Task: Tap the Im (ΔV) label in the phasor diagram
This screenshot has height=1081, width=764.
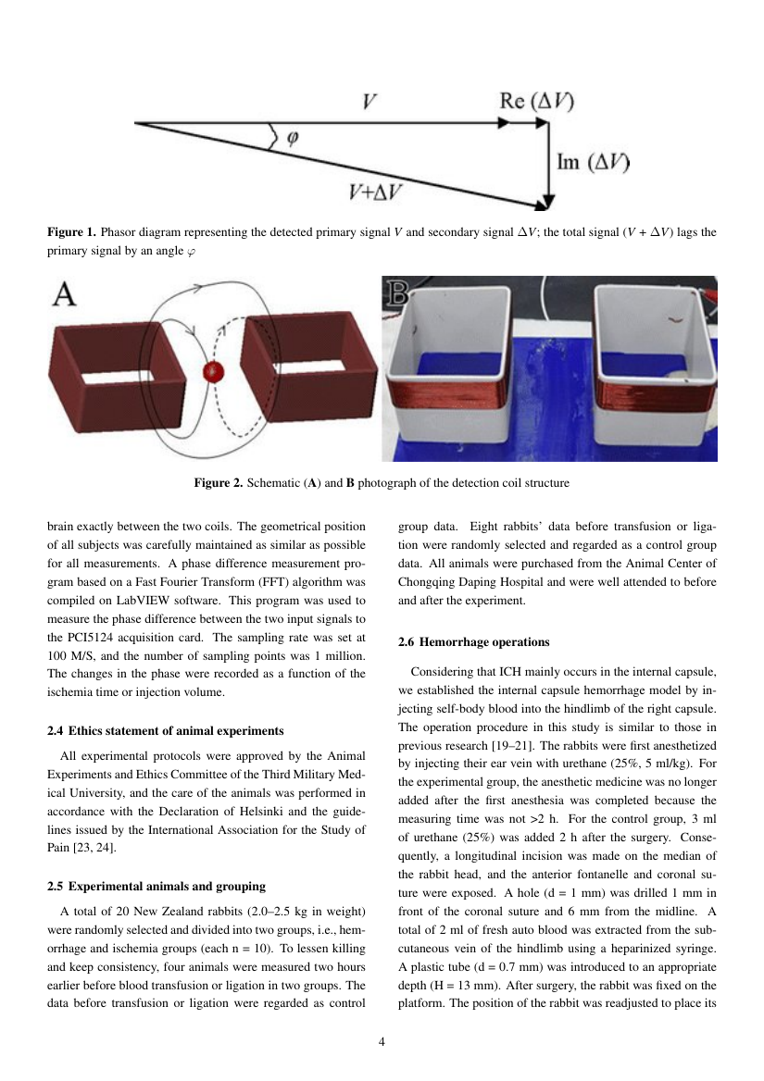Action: (x=594, y=163)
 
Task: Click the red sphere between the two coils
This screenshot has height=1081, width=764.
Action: (x=214, y=372)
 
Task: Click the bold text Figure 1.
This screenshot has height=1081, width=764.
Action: (x=71, y=232)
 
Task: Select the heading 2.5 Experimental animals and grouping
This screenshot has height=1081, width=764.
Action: (x=157, y=886)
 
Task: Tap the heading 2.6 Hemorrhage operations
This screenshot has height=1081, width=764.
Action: (x=473, y=642)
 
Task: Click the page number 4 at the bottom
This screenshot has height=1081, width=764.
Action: (x=382, y=1042)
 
